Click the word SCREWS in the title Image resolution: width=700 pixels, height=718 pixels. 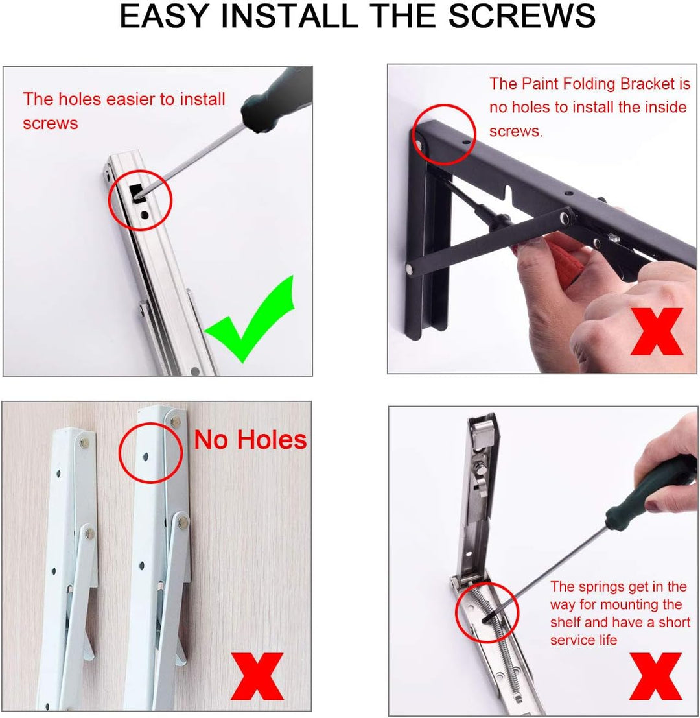[x=522, y=16]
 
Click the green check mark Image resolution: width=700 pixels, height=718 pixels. [x=250, y=318]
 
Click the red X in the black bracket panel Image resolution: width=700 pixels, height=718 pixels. [x=657, y=331]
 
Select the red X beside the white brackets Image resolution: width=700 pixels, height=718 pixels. [x=257, y=676]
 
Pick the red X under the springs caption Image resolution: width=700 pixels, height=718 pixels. [x=656, y=676]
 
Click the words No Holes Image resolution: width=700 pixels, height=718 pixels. [x=250, y=440]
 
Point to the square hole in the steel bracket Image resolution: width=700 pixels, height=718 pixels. [x=136, y=193]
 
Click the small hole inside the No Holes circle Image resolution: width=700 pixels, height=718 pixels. [x=145, y=457]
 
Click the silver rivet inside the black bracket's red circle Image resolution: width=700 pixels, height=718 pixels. [x=418, y=140]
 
